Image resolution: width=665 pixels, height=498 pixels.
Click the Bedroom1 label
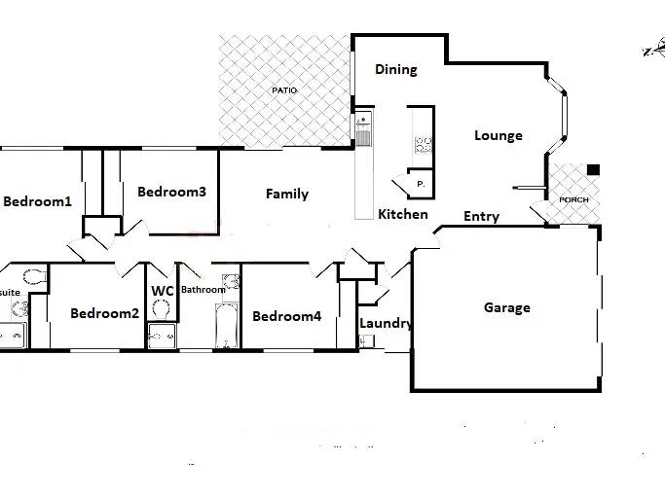click(x=38, y=202)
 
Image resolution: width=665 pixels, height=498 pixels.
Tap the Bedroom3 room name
click(x=171, y=192)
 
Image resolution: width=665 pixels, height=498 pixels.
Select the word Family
click(x=287, y=194)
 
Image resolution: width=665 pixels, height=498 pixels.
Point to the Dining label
click(x=396, y=69)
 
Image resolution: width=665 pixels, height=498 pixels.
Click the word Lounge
click(x=499, y=135)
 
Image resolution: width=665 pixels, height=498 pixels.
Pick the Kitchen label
click(x=403, y=214)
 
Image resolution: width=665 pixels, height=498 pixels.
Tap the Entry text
click(x=482, y=216)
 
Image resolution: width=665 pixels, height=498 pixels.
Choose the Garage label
click(x=507, y=307)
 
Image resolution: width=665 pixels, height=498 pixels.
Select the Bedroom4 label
click(x=286, y=316)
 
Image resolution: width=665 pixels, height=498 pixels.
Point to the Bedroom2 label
click(x=105, y=313)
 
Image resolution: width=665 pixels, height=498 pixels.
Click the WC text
click(x=163, y=290)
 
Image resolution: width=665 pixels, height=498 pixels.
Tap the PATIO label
click(x=284, y=90)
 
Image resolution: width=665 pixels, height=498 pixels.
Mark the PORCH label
click(x=573, y=199)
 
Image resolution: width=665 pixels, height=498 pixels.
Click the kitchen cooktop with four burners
click(x=424, y=145)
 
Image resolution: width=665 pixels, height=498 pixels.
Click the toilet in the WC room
click(x=162, y=310)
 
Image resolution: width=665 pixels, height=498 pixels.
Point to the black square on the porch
click(x=593, y=169)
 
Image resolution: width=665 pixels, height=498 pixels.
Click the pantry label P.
click(x=420, y=183)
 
